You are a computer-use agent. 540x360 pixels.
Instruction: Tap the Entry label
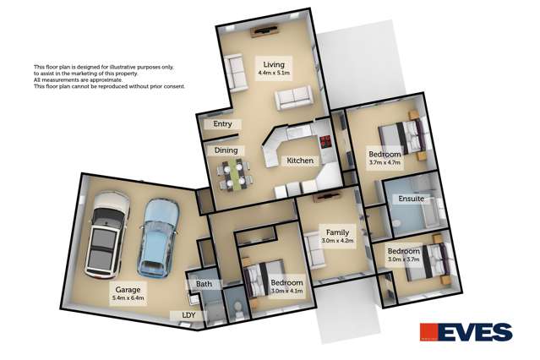tap(222, 124)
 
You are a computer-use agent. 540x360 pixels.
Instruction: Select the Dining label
tap(226, 150)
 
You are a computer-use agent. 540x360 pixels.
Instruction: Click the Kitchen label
tap(300, 161)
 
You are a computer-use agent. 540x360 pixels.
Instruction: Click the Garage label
tap(128, 289)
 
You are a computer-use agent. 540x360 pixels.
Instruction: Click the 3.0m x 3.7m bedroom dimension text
tap(403, 260)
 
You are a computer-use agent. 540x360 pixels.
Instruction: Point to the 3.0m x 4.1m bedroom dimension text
tap(286, 292)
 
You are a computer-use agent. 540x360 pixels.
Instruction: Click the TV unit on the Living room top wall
tap(264, 31)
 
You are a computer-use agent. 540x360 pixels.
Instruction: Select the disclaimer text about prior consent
tap(108, 86)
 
